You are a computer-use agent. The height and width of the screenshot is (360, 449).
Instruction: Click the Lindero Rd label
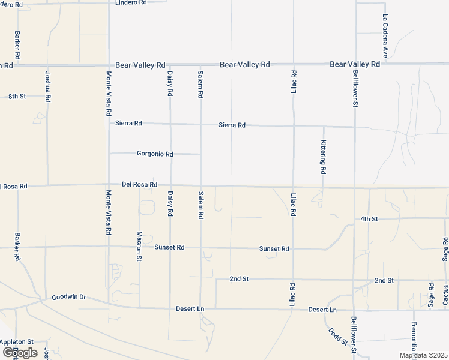point(131,2)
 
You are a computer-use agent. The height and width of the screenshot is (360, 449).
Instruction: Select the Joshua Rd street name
point(47,86)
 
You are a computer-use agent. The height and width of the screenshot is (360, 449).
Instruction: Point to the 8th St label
point(17,96)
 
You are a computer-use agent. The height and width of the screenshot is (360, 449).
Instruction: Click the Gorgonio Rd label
point(155,154)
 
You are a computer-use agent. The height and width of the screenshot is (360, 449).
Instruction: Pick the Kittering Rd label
point(323,158)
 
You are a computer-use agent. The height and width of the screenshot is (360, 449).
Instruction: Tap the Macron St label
point(139,246)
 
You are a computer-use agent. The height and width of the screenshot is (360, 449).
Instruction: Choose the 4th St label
point(369,219)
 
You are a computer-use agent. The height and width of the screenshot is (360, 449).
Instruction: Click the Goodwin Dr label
point(69,297)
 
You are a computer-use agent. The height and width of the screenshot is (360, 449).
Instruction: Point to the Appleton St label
point(17,341)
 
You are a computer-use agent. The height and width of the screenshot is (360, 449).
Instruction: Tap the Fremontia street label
point(414,338)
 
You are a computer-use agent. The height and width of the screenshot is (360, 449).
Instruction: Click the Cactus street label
point(445,295)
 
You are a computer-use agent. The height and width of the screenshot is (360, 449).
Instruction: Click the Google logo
point(20,353)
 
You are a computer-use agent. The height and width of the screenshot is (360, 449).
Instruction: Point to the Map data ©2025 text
point(423,356)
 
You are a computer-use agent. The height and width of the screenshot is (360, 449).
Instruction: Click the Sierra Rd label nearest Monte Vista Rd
point(128,123)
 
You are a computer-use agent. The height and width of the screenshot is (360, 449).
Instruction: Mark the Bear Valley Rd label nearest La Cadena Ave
point(355,64)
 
